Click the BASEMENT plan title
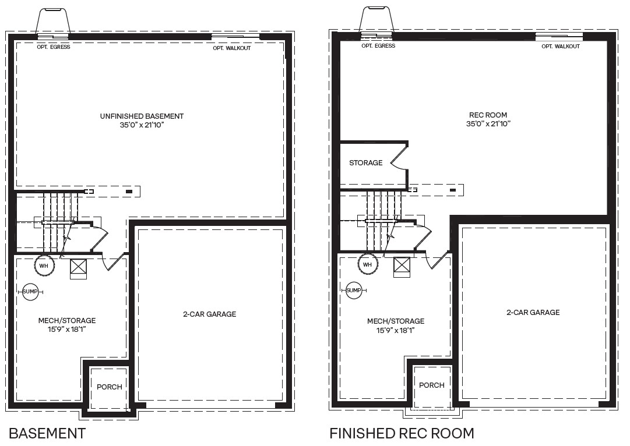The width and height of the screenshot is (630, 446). [x=47, y=433]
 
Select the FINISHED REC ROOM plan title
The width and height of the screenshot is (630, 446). [x=402, y=433]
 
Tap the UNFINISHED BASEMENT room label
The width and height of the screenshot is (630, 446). [x=142, y=116]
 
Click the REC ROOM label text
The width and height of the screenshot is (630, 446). [x=488, y=115]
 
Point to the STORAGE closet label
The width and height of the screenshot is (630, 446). [x=365, y=162]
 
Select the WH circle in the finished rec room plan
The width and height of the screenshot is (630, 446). [x=367, y=264]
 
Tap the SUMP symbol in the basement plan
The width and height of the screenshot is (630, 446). [x=30, y=292]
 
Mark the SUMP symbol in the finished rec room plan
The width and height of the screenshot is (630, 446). [x=353, y=290]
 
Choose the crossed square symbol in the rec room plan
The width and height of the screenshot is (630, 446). [x=402, y=266]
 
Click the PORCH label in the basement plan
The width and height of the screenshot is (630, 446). [x=109, y=387]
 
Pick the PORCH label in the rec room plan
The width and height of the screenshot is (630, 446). [x=431, y=385]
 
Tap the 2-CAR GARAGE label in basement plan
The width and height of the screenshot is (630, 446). [x=209, y=314]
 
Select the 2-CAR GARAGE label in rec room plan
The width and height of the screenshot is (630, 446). [x=533, y=312]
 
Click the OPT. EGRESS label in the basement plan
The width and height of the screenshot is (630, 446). [x=53, y=47]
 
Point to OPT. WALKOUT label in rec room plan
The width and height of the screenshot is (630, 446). [x=561, y=46]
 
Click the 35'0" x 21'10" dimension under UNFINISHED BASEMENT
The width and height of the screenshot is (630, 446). [x=142, y=125]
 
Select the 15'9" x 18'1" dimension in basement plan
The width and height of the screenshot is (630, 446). [x=66, y=330]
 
